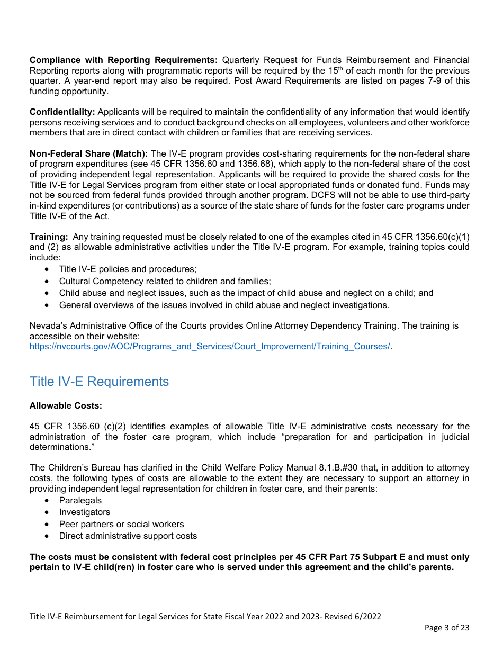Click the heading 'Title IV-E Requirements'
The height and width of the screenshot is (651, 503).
[99, 382]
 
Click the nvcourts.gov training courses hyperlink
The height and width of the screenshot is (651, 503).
[210, 346]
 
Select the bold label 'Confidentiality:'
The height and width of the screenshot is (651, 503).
[62, 112]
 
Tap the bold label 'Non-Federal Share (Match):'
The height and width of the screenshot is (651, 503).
[88, 153]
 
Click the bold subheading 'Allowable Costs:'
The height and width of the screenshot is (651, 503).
[66, 405]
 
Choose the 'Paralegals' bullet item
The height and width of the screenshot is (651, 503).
[80, 500]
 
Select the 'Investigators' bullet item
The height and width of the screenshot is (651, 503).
[84, 512]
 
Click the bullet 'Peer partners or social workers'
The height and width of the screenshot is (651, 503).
[121, 524]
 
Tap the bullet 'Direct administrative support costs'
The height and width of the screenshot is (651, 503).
[128, 536]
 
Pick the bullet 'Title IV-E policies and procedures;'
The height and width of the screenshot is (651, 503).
[128, 269]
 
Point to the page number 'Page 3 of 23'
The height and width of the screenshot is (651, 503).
[447, 628]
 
